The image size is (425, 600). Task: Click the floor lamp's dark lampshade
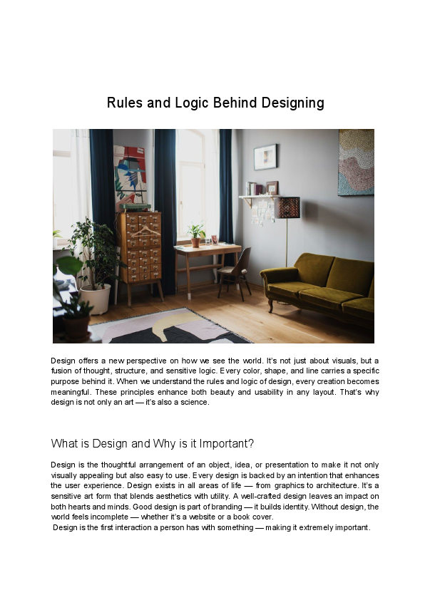click(x=287, y=207)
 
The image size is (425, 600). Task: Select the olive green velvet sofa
click(x=320, y=285)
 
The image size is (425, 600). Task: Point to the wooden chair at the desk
click(x=235, y=269)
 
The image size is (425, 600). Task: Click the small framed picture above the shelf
click(x=265, y=156)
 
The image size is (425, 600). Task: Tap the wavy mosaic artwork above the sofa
click(x=356, y=162)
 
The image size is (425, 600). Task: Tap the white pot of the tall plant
click(x=95, y=298)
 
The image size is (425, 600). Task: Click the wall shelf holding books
click(x=257, y=197)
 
